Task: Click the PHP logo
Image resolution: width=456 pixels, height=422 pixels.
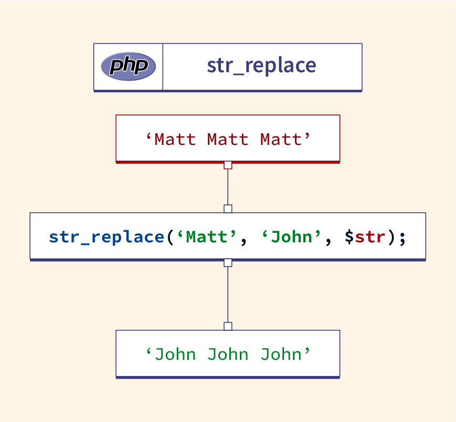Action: [128, 66]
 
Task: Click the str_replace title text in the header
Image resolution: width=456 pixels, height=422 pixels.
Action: [261, 65]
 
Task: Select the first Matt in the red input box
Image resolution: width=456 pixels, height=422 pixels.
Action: [175, 140]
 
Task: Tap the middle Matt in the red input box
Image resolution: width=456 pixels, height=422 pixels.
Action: [228, 140]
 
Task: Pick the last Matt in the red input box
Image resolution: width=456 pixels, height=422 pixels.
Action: [280, 140]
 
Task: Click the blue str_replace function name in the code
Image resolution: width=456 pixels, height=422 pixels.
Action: [107, 237]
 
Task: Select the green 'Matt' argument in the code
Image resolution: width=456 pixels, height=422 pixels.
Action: [206, 237]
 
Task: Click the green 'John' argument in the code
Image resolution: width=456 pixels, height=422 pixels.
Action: [291, 237]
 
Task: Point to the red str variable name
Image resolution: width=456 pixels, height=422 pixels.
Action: [370, 237]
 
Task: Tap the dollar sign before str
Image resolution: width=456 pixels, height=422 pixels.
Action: [349, 237]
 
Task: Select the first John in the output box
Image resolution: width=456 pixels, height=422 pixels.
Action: [175, 354]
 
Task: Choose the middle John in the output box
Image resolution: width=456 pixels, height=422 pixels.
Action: [228, 354]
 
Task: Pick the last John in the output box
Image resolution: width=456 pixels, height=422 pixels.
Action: [280, 354]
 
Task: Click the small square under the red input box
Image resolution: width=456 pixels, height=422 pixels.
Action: [228, 165]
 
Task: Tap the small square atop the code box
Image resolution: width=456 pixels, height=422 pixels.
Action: [228, 209]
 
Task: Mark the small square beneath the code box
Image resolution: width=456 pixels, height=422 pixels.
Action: [228, 263]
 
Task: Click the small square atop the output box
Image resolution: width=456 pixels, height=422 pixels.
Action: [228, 327]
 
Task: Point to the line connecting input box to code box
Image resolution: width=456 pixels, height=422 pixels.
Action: [228, 187]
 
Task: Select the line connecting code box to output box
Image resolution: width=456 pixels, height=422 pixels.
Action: [228, 295]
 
